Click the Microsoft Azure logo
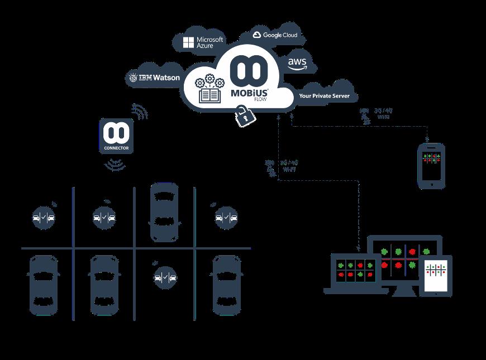[203, 42]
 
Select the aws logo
[297, 64]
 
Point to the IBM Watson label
[155, 78]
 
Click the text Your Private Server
[324, 96]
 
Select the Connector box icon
[116, 136]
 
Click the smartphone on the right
[432, 165]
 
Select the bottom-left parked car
[43, 285]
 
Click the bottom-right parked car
[227, 285]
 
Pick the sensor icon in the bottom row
[165, 276]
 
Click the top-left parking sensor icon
[44, 217]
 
